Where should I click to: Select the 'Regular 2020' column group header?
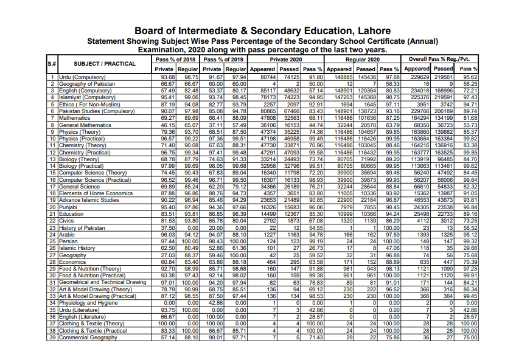coord(363,60)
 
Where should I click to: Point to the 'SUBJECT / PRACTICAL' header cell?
coord(105,64)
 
